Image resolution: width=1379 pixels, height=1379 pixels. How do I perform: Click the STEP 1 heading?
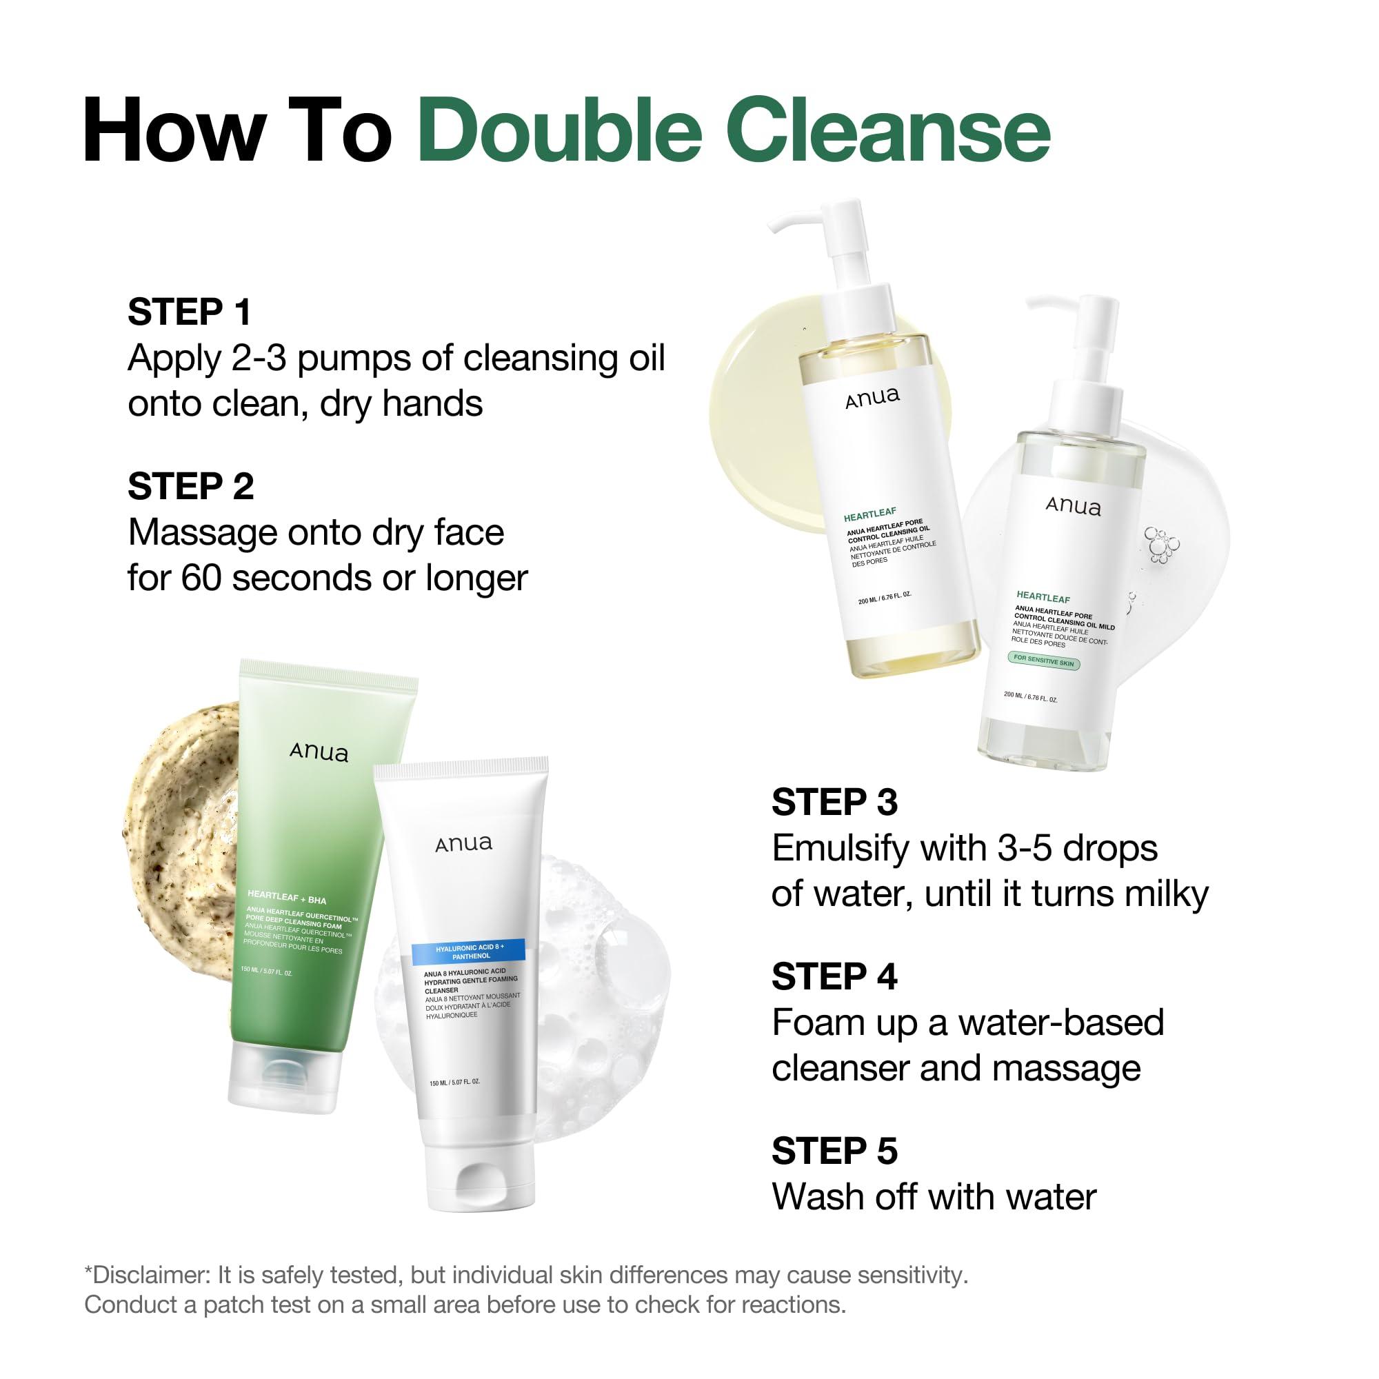coord(189,312)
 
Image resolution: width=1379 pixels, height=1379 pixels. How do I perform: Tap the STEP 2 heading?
coord(190,487)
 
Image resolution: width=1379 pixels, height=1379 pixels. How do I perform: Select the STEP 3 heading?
coord(834,803)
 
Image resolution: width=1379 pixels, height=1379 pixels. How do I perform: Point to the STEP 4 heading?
coord(834,976)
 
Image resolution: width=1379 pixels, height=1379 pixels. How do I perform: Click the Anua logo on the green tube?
coord(319,752)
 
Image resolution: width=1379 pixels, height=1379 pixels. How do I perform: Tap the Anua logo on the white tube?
coord(464,844)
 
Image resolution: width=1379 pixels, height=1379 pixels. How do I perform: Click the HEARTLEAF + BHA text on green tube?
coord(286,896)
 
